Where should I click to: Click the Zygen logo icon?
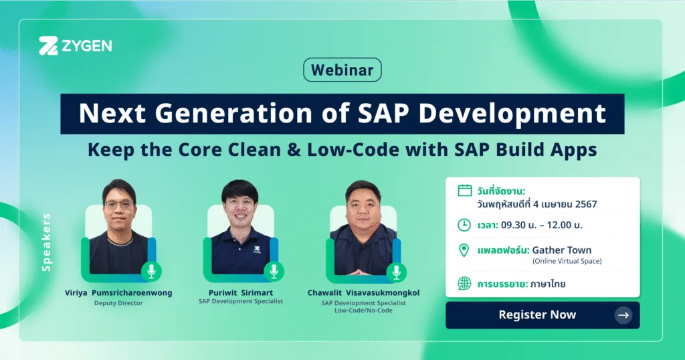click(x=48, y=46)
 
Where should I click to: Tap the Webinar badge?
click(x=342, y=70)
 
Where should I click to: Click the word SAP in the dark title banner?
click(x=383, y=113)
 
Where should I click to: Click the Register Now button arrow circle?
click(x=623, y=315)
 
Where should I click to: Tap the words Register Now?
click(x=537, y=314)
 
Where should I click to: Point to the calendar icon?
click(x=464, y=191)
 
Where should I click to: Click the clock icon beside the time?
click(x=464, y=225)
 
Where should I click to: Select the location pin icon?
click(x=464, y=250)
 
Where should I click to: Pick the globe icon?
click(x=464, y=284)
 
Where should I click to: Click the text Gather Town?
click(x=561, y=250)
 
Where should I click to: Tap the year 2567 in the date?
click(x=586, y=204)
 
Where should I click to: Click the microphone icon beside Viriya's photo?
click(x=151, y=272)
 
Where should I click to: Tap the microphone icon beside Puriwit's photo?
click(x=274, y=272)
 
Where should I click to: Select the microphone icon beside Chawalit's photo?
click(x=396, y=272)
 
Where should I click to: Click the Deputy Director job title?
click(x=118, y=303)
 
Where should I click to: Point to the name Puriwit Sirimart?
click(x=241, y=292)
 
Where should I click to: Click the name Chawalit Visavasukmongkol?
click(x=363, y=292)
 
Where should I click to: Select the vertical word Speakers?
click(x=46, y=242)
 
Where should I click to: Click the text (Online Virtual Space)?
click(x=567, y=261)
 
